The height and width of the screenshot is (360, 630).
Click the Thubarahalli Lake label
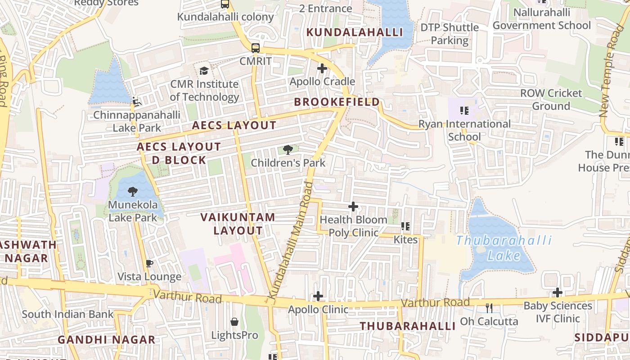(x=504, y=248)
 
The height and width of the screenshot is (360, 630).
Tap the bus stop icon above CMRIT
(x=255, y=48)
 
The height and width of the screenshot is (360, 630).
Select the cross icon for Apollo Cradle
(x=322, y=68)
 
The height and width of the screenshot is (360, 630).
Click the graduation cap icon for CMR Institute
(x=204, y=71)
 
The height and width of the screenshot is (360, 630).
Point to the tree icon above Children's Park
(x=288, y=150)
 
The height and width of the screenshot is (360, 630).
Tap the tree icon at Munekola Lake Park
(x=133, y=192)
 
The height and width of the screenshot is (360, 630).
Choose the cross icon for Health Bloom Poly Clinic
(x=353, y=207)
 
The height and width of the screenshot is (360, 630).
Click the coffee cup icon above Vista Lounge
(x=149, y=264)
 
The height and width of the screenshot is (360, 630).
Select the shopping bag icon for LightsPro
(x=234, y=322)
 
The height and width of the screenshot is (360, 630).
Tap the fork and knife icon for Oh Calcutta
(x=489, y=308)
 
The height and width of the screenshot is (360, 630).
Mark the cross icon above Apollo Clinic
(x=318, y=296)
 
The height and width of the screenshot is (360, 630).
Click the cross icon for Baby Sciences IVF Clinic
(x=558, y=292)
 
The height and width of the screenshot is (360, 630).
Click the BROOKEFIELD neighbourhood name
(x=337, y=102)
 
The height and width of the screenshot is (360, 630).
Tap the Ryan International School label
(x=464, y=130)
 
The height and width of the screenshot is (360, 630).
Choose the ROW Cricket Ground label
(x=551, y=99)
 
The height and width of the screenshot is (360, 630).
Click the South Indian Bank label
(x=67, y=314)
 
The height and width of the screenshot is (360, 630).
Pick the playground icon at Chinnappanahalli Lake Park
(x=136, y=102)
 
